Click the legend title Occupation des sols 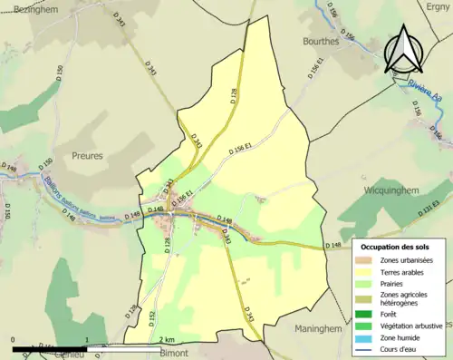(397, 247)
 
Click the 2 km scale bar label (165, 339)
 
